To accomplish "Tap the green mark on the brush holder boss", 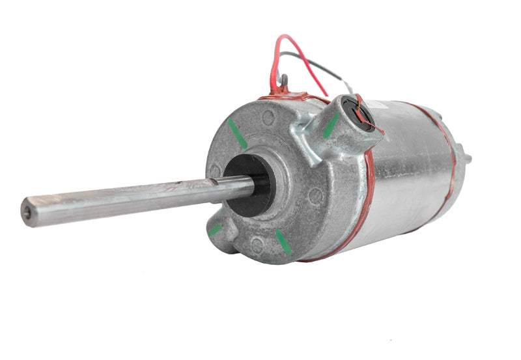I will (331, 124).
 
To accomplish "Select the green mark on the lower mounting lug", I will (215, 230).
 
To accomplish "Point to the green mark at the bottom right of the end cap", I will (283, 242).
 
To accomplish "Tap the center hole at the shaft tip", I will (26, 213).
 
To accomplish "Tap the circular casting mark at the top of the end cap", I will (267, 118).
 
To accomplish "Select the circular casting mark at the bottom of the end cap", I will (257, 245).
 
